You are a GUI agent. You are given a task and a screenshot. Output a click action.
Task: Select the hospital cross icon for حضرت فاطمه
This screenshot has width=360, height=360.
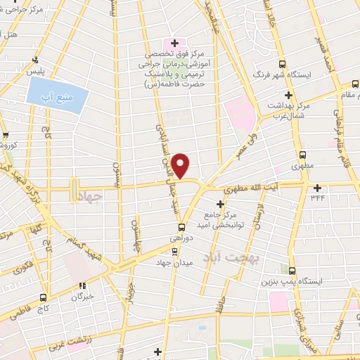pyautogui.click(x=166, y=43)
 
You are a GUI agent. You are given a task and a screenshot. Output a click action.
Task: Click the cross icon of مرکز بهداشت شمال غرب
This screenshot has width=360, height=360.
pyautogui.click(x=288, y=95)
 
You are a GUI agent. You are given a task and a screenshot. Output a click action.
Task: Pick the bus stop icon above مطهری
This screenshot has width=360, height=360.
pyautogui.click(x=302, y=155)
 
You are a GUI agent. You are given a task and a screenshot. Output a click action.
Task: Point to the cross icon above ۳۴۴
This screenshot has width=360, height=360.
pyautogui.click(x=317, y=187)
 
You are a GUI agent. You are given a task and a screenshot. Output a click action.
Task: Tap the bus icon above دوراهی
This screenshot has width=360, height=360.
pyautogui.click(x=181, y=226)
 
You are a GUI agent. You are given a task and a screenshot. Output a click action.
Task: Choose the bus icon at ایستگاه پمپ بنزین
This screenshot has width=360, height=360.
pyautogui.click(x=290, y=269)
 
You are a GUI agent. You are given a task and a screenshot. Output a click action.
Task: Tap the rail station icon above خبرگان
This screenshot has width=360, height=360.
pyautogui.click(x=82, y=285)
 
